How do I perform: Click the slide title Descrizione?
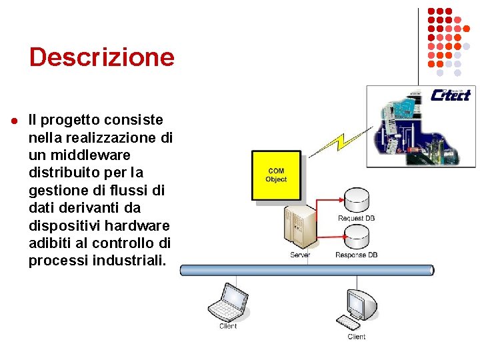pyautogui.click(x=101, y=57)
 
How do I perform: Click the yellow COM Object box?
pyautogui.click(x=275, y=175)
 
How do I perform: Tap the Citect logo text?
pyautogui.click(x=451, y=95)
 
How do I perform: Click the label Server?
pyautogui.click(x=300, y=255)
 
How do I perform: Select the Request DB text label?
pyautogui.click(x=356, y=219)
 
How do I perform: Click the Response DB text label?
pyautogui.click(x=356, y=255)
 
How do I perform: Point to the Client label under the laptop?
pyautogui.click(x=228, y=326)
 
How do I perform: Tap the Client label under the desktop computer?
pyautogui.click(x=356, y=337)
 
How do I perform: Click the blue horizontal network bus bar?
pyautogui.click(x=307, y=270)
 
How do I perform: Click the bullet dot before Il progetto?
pyautogui.click(x=13, y=121)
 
